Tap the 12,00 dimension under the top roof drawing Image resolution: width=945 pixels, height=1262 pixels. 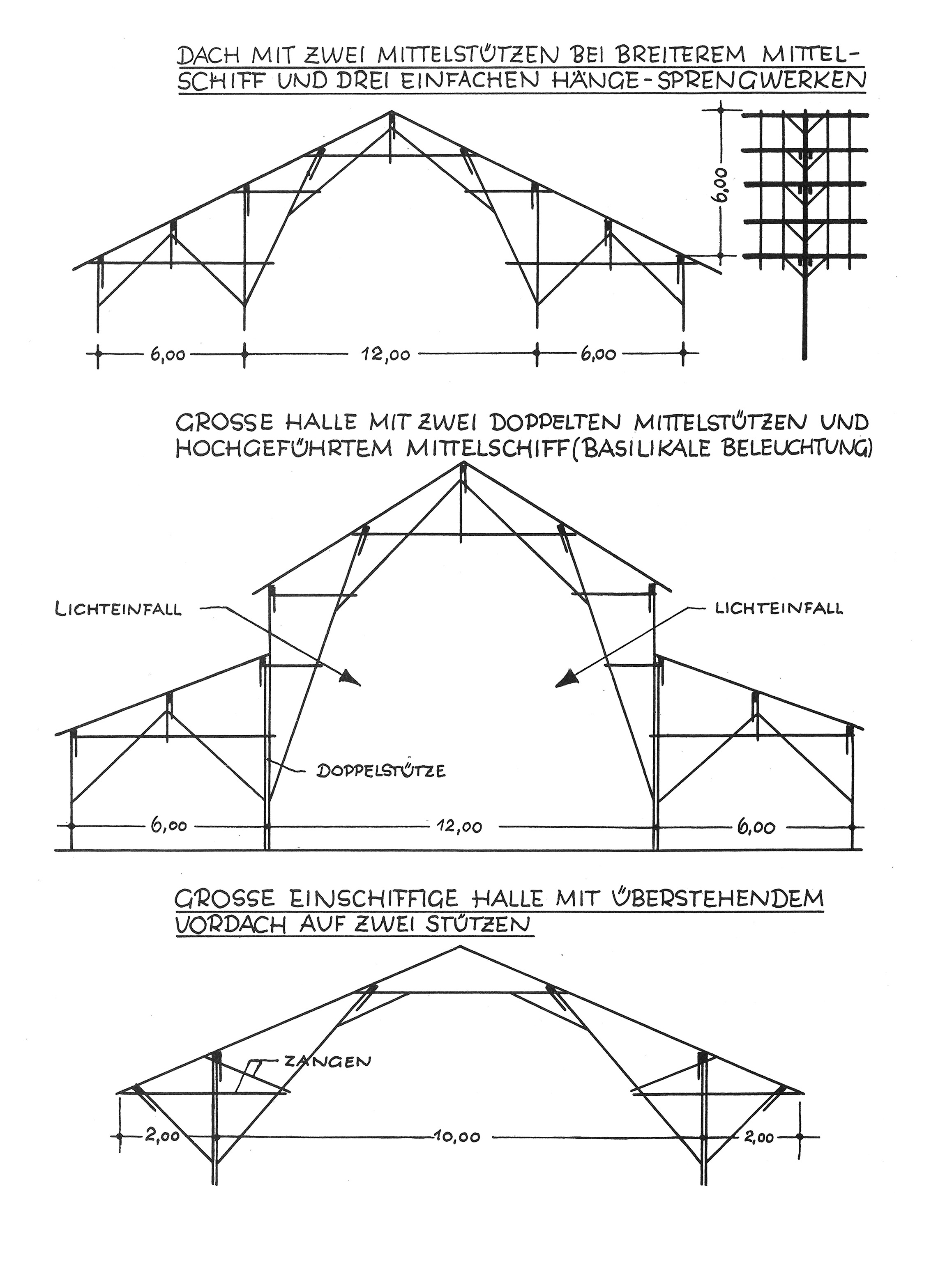[385, 354]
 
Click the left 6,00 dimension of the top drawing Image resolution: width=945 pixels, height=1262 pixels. [168, 354]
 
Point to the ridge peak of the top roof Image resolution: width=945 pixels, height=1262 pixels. [392, 111]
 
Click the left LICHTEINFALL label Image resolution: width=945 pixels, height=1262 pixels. [118, 610]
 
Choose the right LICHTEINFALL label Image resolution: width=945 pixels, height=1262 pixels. [779, 608]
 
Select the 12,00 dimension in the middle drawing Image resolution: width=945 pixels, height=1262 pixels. [459, 826]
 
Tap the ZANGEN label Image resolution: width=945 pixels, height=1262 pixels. [327, 1061]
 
